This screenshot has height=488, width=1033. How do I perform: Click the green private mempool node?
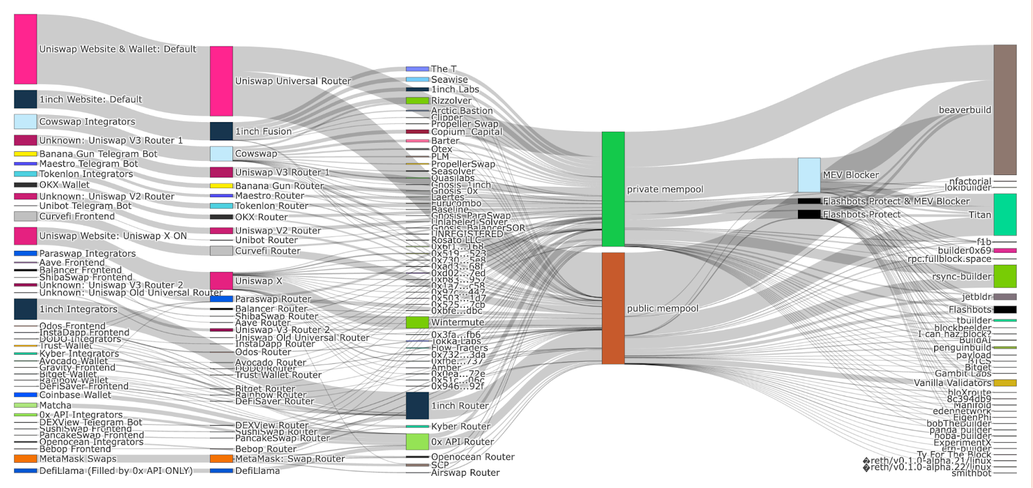pyautogui.click(x=613, y=189)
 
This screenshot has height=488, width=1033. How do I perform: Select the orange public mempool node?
pyautogui.click(x=613, y=308)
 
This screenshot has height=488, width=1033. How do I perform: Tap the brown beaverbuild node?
pyautogui.click(x=1005, y=110)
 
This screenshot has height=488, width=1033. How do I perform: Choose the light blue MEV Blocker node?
pyautogui.click(x=809, y=175)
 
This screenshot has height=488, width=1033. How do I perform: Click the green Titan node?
pyautogui.click(x=1005, y=215)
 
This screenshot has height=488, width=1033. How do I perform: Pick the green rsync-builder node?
pyautogui.click(x=1005, y=276)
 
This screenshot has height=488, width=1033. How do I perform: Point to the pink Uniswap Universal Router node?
pyautogui.click(x=221, y=81)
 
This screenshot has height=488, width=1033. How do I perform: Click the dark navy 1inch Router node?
pyautogui.click(x=417, y=405)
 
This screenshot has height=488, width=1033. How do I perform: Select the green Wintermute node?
pyautogui.click(x=417, y=322)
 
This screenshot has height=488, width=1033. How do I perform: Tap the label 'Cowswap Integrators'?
pyautogui.click(x=87, y=122)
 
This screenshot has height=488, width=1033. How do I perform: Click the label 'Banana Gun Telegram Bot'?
pyautogui.click(x=98, y=154)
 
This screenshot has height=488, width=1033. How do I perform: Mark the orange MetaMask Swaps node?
pyautogui.click(x=25, y=459)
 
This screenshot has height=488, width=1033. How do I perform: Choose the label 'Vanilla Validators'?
pyautogui.click(x=952, y=383)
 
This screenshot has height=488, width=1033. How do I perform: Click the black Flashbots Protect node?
pyautogui.click(x=809, y=214)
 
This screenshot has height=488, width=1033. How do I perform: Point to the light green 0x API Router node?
pyautogui.click(x=417, y=441)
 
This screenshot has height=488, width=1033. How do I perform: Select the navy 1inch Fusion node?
pyautogui.click(x=221, y=131)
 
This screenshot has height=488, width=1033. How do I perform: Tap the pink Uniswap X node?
pyautogui.click(x=221, y=281)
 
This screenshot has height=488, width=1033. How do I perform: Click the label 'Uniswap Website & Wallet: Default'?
pyautogui.click(x=118, y=49)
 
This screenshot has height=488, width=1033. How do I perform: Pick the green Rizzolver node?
pyautogui.click(x=417, y=101)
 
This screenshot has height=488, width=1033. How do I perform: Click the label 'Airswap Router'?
pyautogui.click(x=465, y=472)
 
